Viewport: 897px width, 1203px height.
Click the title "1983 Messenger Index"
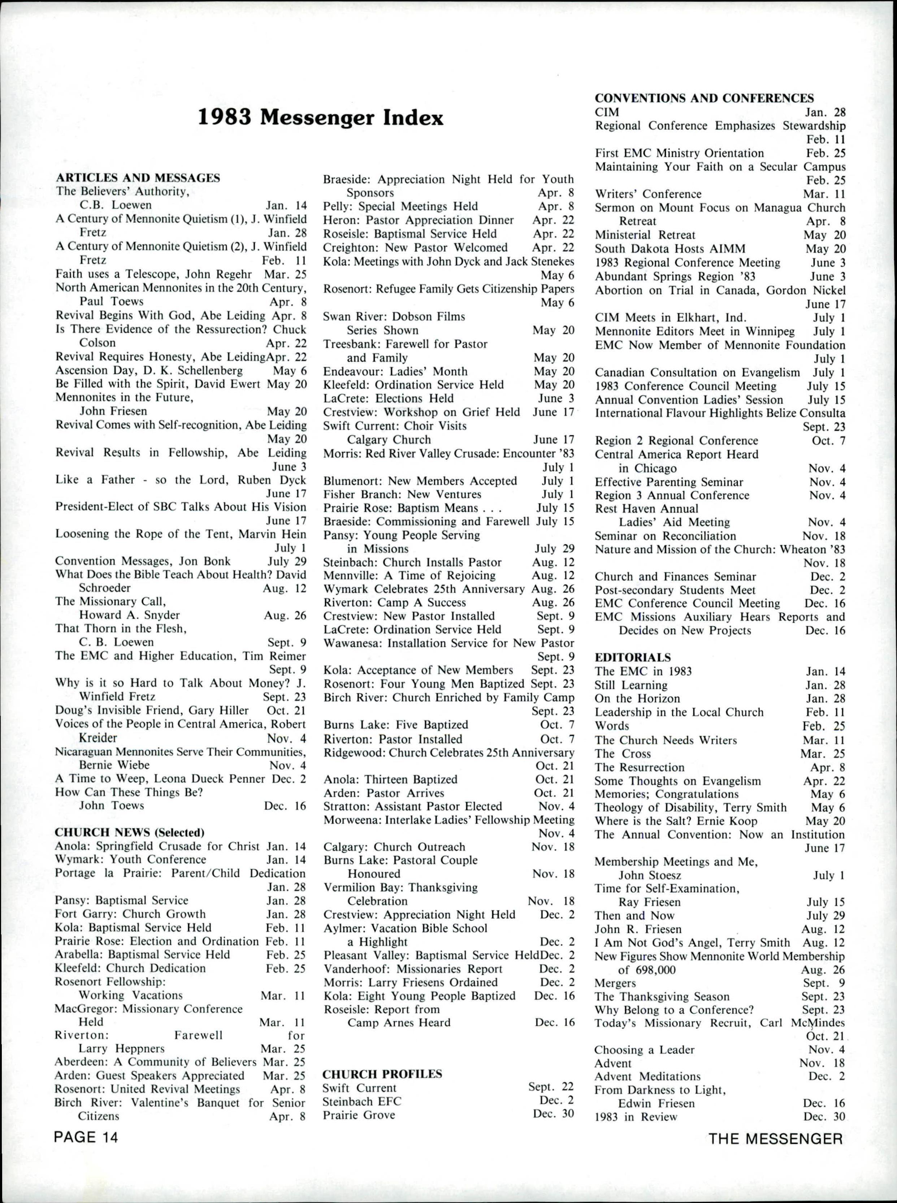[320, 118]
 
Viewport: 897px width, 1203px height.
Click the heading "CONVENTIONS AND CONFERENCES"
[704, 98]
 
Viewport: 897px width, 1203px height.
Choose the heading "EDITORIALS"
[633, 657]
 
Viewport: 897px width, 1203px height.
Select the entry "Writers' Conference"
[648, 194]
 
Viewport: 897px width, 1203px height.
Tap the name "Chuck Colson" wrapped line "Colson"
[97, 343]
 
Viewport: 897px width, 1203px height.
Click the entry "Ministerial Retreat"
[645, 235]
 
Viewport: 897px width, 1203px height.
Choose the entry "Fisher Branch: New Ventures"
[402, 494]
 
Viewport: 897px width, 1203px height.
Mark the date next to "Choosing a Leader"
[827, 1050]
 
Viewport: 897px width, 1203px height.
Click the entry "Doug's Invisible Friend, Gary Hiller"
[152, 710]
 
